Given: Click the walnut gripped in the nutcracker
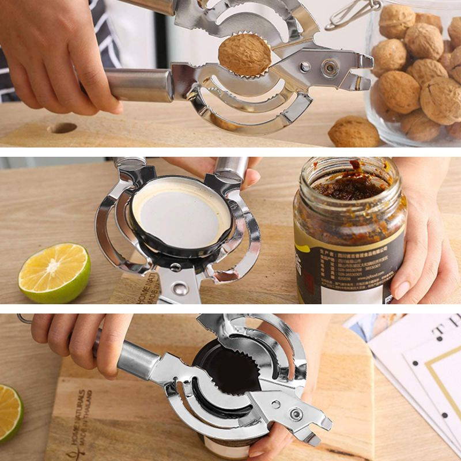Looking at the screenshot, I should pyautogui.click(x=244, y=54).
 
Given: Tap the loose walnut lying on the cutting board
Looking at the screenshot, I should pyautogui.click(x=353, y=132).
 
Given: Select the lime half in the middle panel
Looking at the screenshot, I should pyautogui.click(x=54, y=273).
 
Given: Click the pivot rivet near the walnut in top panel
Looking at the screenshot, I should pyautogui.click(x=330, y=69).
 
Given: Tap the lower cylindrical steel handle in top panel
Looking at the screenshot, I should pyautogui.click(x=138, y=85).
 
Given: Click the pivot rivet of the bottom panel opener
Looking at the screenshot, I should pyautogui.click(x=296, y=414).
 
